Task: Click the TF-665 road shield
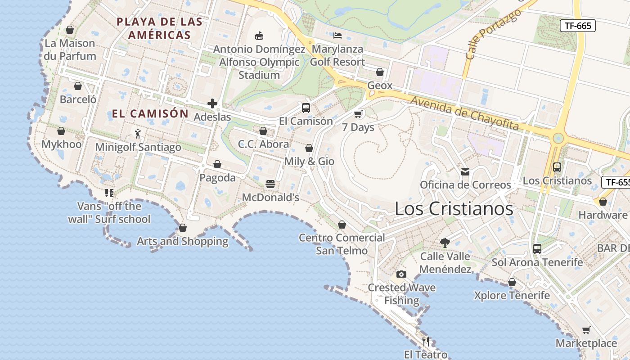(578, 26)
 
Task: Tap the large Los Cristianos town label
(454, 209)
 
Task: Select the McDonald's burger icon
(270, 184)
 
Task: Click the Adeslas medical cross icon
(212, 104)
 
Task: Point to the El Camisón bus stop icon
(306, 108)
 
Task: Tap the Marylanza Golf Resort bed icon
(337, 35)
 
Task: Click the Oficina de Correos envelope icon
(465, 171)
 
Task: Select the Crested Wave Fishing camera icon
(401, 274)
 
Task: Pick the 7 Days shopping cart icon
(358, 114)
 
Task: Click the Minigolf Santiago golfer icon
(138, 134)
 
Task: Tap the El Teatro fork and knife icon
(426, 341)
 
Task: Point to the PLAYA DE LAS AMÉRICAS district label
(159, 28)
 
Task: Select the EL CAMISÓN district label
(150, 114)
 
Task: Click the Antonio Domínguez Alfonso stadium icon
(259, 36)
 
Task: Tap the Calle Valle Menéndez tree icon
(445, 243)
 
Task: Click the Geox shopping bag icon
(380, 72)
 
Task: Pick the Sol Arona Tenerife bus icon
(537, 249)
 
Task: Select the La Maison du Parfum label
(70, 49)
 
